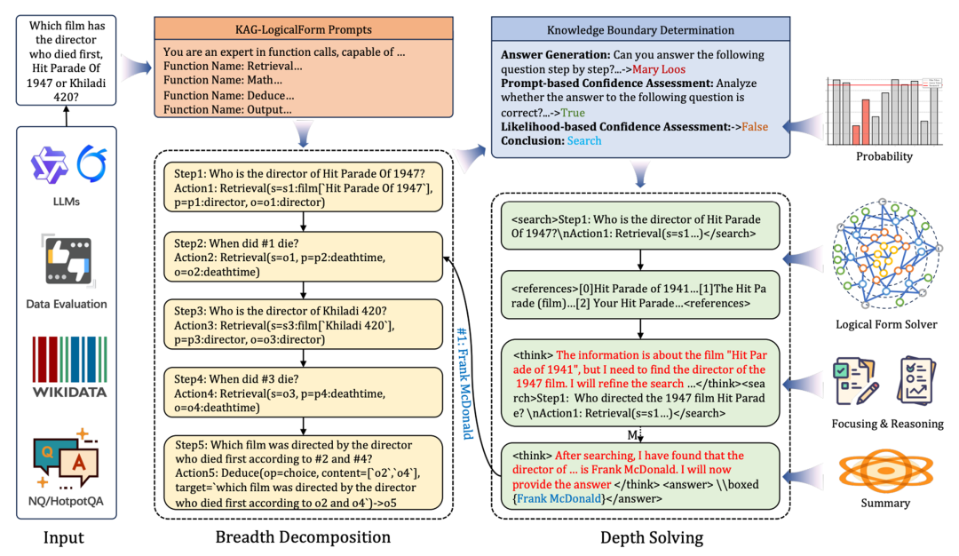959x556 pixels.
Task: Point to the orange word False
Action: tap(755, 127)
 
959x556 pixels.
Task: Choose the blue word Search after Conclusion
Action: tap(583, 140)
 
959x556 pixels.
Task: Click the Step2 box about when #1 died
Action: tap(303, 257)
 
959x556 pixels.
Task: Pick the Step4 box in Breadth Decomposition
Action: tap(303, 393)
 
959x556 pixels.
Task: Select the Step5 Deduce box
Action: tap(303, 472)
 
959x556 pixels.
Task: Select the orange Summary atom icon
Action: tap(878, 467)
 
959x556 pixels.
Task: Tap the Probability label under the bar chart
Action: tap(884, 156)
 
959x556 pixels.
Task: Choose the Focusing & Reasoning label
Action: tap(887, 424)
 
